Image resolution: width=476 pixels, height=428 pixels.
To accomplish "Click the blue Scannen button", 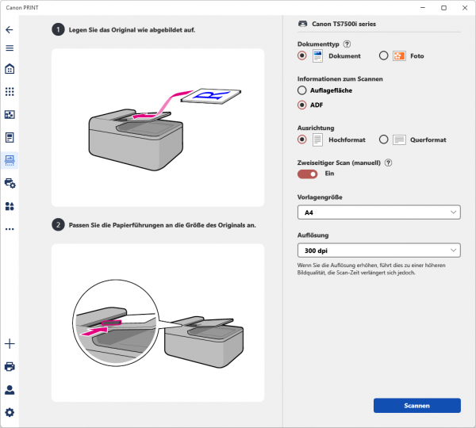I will (x=416, y=405).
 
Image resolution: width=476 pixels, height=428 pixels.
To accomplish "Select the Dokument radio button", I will (x=301, y=55).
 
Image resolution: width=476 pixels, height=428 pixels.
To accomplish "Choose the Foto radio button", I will (x=383, y=55).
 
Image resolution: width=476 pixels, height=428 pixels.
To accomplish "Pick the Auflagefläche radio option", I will (x=301, y=90).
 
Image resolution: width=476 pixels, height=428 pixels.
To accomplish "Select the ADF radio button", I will (x=301, y=105).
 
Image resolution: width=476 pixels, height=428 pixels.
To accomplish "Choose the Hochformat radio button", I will (x=301, y=139).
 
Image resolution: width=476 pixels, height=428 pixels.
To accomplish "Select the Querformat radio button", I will (x=383, y=139).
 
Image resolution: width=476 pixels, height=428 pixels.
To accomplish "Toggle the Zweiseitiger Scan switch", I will (x=307, y=174).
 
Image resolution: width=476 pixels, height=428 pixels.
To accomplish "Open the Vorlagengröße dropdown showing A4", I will (x=378, y=212).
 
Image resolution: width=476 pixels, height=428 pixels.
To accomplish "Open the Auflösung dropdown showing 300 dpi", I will (x=378, y=250).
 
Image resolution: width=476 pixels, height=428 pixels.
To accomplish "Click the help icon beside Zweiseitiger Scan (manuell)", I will (x=387, y=162).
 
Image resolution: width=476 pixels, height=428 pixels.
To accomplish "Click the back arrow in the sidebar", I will (x=10, y=29).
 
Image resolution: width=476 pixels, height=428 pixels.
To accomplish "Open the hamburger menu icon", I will (x=10, y=48).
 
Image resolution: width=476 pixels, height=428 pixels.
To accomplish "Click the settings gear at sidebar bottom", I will (x=10, y=412).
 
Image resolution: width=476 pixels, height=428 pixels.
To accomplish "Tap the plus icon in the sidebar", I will (x=10, y=343).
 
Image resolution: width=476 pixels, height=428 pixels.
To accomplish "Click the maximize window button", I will (x=443, y=8).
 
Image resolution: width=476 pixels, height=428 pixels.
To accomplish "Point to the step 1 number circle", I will (x=58, y=29).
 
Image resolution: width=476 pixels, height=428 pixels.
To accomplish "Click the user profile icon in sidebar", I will (x=10, y=389).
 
